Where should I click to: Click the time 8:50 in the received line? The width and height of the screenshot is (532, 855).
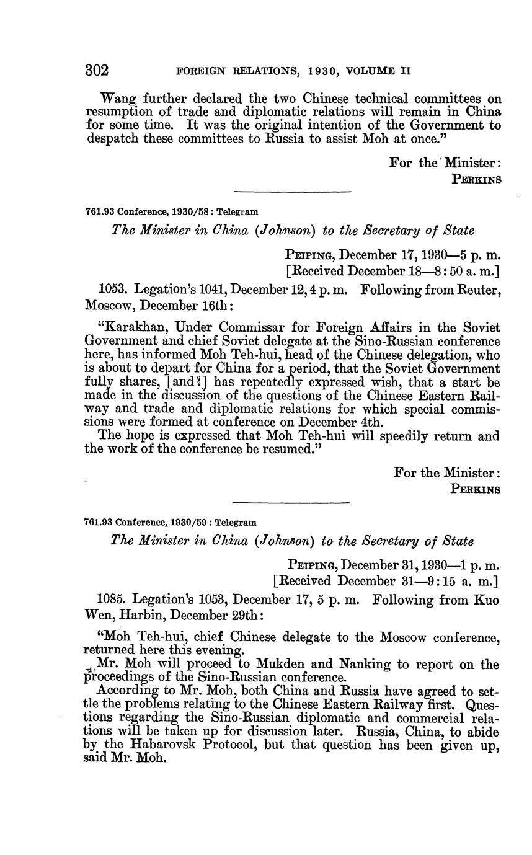(435, 271)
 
